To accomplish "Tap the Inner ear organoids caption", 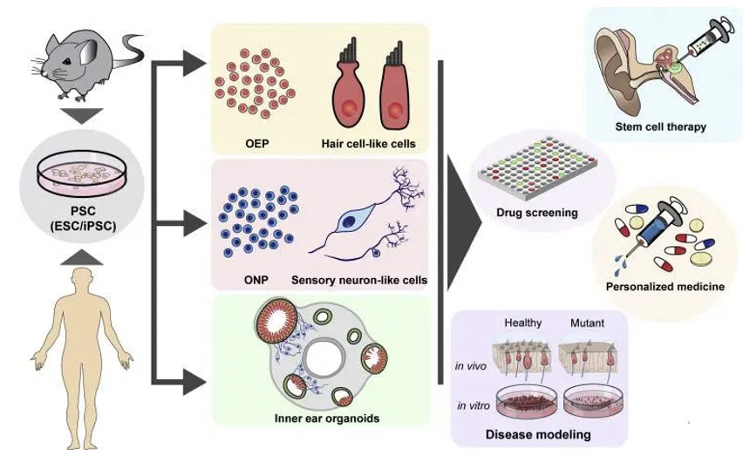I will coord(321,418).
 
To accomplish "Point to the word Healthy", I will coord(523,323).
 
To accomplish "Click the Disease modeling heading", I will coord(538,434).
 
